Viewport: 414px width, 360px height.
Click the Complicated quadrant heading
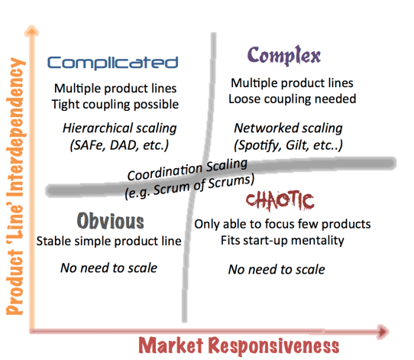coord(112,63)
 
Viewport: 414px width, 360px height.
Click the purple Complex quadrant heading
coord(283,56)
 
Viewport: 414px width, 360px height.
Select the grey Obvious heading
coord(111,222)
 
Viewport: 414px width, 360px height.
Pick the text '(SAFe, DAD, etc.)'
coord(113,143)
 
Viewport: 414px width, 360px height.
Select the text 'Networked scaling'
coord(288,128)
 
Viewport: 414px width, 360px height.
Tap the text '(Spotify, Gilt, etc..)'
coord(288,143)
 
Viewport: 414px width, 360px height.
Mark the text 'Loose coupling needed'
coord(293,99)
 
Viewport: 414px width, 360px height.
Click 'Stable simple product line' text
coord(108,242)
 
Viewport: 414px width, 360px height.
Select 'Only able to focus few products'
coord(283,225)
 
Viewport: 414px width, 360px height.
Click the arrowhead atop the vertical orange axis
coord(31,30)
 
